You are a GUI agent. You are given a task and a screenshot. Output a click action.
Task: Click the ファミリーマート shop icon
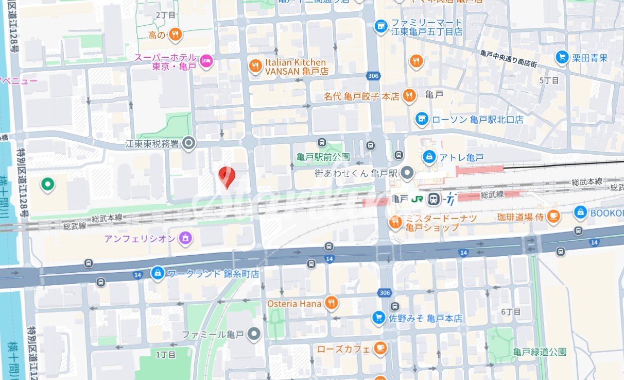pyautogui.click(x=380, y=25)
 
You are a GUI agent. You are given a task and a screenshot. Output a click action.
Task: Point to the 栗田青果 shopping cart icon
pyautogui.click(x=562, y=57)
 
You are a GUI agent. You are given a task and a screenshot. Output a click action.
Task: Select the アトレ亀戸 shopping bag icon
pyautogui.click(x=428, y=156)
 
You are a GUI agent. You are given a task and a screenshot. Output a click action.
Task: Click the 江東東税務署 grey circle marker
pyautogui.click(x=189, y=143)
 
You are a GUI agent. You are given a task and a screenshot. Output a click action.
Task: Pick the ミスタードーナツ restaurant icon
pyautogui.click(x=395, y=222)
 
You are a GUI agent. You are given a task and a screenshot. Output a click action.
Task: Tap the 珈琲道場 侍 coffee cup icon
pyautogui.click(x=553, y=217)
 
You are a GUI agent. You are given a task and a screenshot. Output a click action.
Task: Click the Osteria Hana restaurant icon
pyautogui.click(x=332, y=303)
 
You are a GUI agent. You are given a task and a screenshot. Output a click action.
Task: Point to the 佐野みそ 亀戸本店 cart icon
pyautogui.click(x=379, y=318)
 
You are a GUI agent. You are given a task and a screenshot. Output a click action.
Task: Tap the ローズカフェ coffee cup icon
pyautogui.click(x=380, y=348)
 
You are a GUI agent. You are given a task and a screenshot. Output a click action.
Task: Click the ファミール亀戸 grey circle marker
pyautogui.click(x=253, y=335)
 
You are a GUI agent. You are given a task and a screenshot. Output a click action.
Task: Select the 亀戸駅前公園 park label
pyautogui.click(x=323, y=157)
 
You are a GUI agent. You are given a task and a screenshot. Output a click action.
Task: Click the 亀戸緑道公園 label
pyautogui.click(x=540, y=352)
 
